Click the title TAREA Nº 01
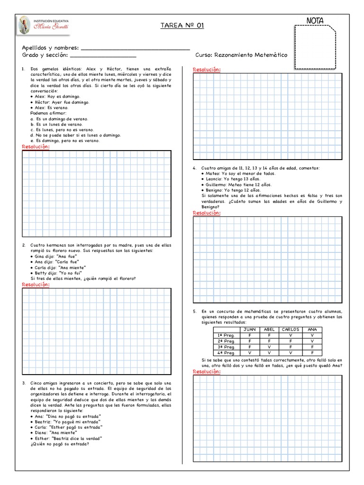click(182, 26)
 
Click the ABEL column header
click(269, 330)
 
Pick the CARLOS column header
click(290, 330)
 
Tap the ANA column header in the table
click(312, 330)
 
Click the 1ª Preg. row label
click(226, 335)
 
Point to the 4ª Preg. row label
click(226, 353)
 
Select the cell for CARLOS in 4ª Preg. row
click(290, 353)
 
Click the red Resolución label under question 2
click(36, 285)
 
